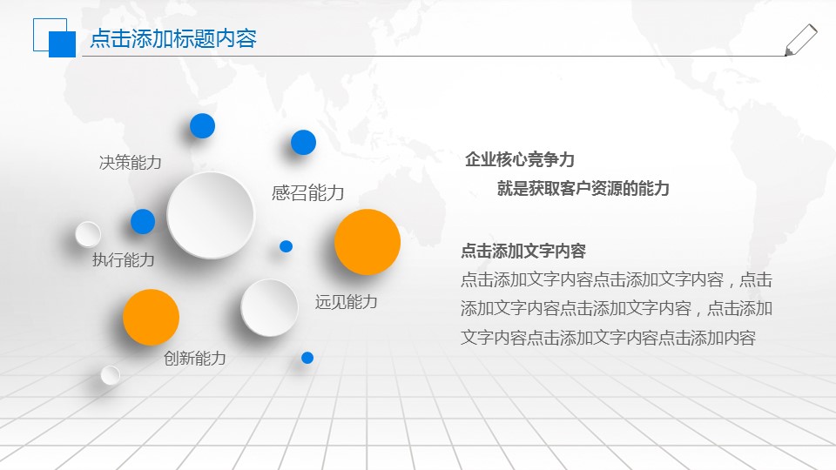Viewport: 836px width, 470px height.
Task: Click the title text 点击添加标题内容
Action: click(173, 39)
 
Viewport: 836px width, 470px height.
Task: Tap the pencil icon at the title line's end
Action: click(800, 40)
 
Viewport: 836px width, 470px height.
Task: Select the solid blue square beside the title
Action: click(62, 44)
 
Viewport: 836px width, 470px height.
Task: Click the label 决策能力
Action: click(131, 162)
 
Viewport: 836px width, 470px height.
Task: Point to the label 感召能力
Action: click(307, 193)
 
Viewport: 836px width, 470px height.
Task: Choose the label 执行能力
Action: click(124, 259)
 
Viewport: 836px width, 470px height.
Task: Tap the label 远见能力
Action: click(346, 302)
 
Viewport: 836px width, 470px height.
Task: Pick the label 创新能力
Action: click(195, 358)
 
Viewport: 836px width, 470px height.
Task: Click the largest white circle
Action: click(210, 215)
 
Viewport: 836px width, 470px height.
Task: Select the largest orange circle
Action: click(367, 242)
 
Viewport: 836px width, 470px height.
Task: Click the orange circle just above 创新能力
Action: click(151, 317)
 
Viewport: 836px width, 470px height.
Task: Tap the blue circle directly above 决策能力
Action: click(202, 126)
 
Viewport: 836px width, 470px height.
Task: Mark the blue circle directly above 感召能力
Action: click(303, 142)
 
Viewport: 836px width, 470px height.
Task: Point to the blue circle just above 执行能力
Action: click(143, 222)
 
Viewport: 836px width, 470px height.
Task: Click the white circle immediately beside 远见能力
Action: click(269, 307)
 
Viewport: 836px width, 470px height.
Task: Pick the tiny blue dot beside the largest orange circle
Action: click(286, 246)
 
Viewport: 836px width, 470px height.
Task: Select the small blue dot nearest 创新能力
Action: click(307, 358)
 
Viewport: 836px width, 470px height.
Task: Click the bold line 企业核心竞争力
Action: click(520, 159)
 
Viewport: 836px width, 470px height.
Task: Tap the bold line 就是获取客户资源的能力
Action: click(583, 188)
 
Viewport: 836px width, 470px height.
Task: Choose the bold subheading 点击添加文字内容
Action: click(523, 251)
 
